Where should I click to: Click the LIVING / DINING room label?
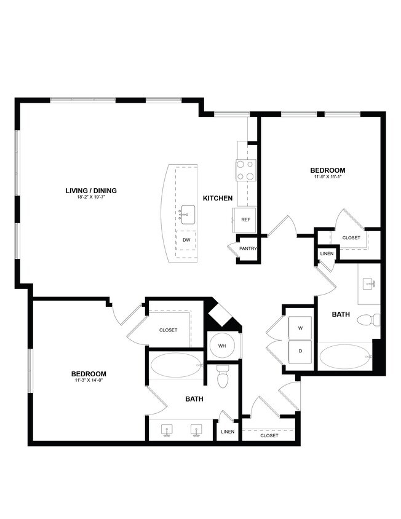click(x=91, y=191)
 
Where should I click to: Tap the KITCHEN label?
click(x=218, y=198)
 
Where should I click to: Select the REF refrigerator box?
click(x=245, y=220)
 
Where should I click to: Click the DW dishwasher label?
click(x=186, y=240)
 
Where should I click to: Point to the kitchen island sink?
click(x=186, y=215)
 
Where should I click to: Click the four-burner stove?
click(x=245, y=170)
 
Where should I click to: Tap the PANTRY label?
click(x=248, y=249)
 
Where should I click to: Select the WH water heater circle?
click(x=222, y=346)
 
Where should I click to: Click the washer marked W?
click(x=301, y=328)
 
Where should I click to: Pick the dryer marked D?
click(x=301, y=352)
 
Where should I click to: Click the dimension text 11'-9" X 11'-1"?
click(x=327, y=177)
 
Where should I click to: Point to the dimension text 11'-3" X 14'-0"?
click(x=89, y=381)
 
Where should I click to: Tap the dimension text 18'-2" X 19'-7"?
click(x=91, y=197)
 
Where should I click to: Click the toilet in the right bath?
click(x=370, y=320)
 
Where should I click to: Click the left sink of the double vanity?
click(x=167, y=429)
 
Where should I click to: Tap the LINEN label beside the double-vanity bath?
click(x=228, y=432)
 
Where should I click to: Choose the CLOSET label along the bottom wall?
click(x=269, y=435)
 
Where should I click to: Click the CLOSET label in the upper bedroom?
click(x=351, y=237)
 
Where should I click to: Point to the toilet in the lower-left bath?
click(x=223, y=376)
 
